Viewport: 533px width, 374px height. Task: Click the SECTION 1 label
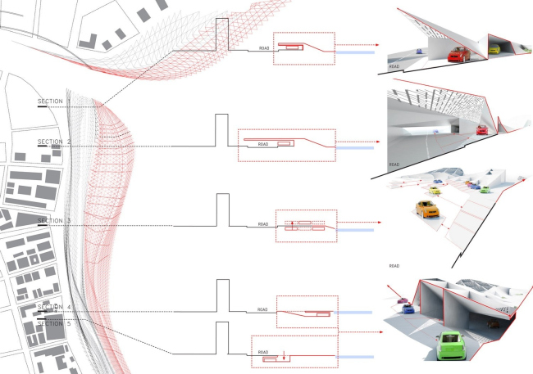coord(54,101)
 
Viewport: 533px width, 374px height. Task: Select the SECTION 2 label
coord(54,142)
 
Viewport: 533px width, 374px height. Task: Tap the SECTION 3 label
coord(54,221)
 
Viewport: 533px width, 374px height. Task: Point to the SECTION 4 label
coord(54,307)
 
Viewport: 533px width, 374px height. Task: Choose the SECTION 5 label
coord(54,324)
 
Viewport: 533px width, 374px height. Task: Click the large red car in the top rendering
coord(458,54)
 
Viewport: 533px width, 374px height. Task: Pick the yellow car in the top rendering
coord(494,49)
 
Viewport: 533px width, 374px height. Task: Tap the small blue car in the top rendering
coord(420,52)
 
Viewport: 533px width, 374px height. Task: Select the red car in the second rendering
coord(482,130)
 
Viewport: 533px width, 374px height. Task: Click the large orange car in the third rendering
coord(427,209)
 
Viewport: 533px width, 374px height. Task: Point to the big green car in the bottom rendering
coord(451,345)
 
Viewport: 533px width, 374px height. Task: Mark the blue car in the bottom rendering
coord(408,309)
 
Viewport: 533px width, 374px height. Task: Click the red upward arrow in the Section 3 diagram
coord(293,226)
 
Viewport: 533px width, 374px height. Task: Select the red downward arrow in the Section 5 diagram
coord(284,355)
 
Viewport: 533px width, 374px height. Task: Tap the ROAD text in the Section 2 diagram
coord(263,144)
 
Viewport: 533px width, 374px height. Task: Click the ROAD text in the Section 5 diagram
coord(263,352)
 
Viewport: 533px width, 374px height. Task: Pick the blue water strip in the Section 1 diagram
coord(355,52)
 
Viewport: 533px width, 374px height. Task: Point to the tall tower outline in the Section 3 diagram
coord(223,210)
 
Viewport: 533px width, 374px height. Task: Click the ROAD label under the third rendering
coord(394,266)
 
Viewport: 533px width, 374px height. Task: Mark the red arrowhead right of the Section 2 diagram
coord(378,142)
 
